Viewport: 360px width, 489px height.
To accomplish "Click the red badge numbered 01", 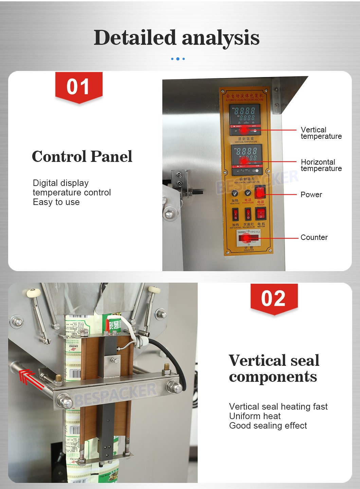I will coord(79,87).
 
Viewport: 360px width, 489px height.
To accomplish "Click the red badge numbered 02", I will coord(274,299).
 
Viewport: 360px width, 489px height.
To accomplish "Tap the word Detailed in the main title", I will coord(135,38).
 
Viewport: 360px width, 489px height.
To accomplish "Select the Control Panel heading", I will coord(82,156).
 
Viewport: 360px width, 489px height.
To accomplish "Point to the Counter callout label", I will coord(314,238).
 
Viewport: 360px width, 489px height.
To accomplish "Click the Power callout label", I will coord(311,195).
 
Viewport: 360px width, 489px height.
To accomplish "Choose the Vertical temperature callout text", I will coord(321,133).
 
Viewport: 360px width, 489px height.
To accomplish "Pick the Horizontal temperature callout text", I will coord(321,165).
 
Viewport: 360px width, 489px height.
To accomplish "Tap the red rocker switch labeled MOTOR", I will coord(260,214).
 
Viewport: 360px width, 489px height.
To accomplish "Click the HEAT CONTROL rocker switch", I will coord(235,214).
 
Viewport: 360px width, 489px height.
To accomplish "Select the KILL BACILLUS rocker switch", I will coord(248,214).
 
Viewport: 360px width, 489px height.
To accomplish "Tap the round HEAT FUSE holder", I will coord(235,193).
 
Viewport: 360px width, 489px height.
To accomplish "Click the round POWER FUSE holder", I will coord(248,193).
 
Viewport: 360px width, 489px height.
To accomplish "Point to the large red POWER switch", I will coord(260,192).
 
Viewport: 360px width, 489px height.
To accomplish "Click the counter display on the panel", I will coord(249,238).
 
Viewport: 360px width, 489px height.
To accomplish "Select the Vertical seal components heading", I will coord(274,369).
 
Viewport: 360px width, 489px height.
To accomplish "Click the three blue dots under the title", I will coord(178,59).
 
